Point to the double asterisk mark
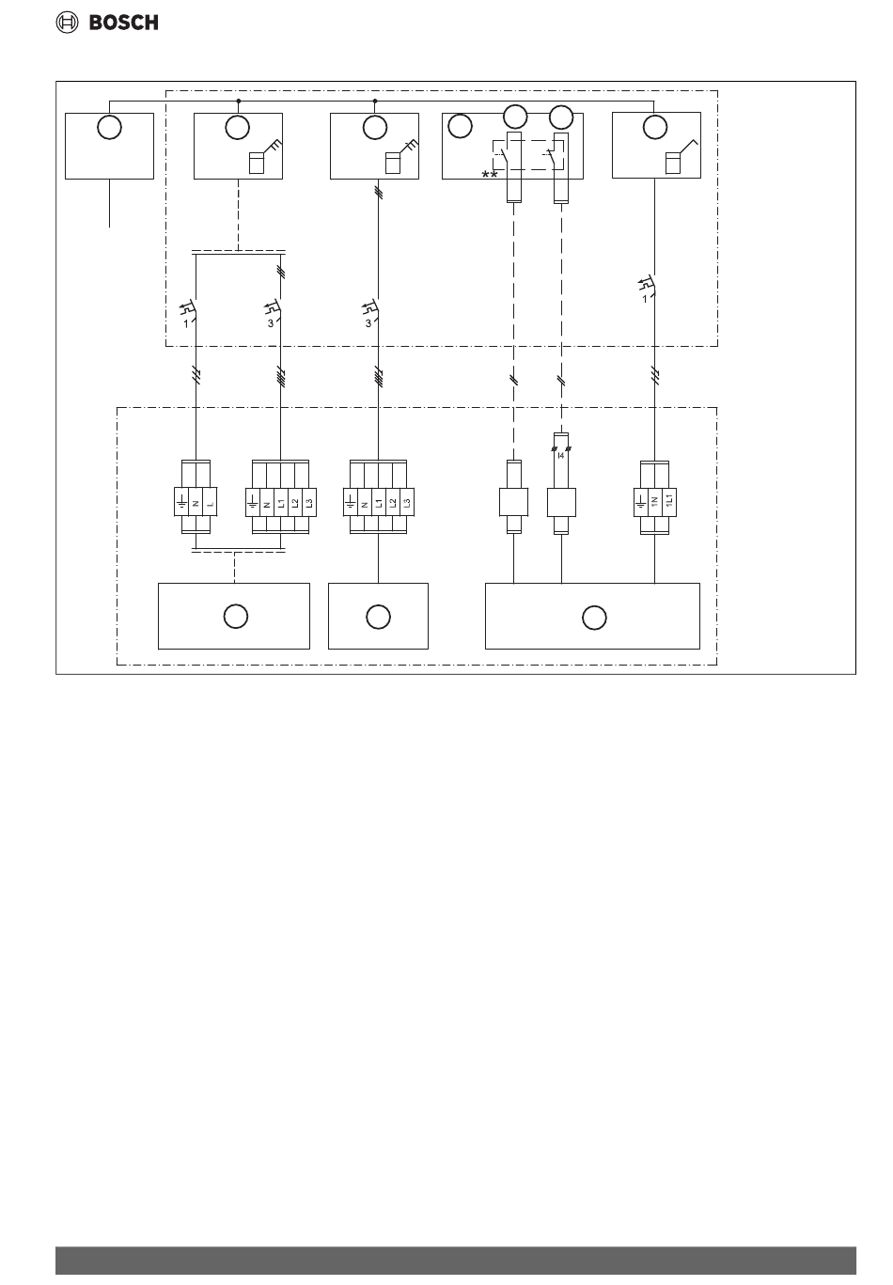pyautogui.click(x=490, y=176)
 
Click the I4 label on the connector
pyautogui.click(x=561, y=455)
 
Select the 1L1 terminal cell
pyautogui.click(x=668, y=499)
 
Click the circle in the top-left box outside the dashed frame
pyautogui.click(x=109, y=128)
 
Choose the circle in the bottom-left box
pyautogui.click(x=235, y=617)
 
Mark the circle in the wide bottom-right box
pyautogui.click(x=592, y=618)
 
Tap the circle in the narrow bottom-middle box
pyautogui.click(x=378, y=617)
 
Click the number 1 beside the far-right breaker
pyautogui.click(x=645, y=299)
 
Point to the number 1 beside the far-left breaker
pyautogui.click(x=186, y=321)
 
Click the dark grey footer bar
pyautogui.click(x=455, y=1261)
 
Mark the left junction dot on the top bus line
pyautogui.click(x=239, y=100)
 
